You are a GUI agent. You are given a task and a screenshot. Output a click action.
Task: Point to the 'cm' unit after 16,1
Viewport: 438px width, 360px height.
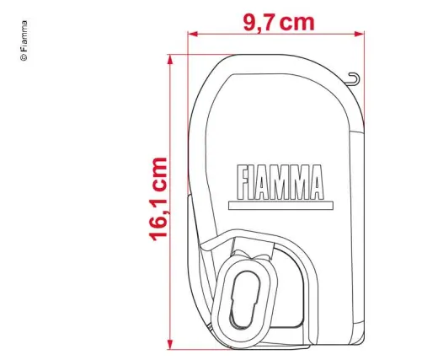pyautogui.click(x=154, y=173)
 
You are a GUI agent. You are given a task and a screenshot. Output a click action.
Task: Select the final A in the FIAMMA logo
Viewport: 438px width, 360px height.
pyautogui.click(x=315, y=182)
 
